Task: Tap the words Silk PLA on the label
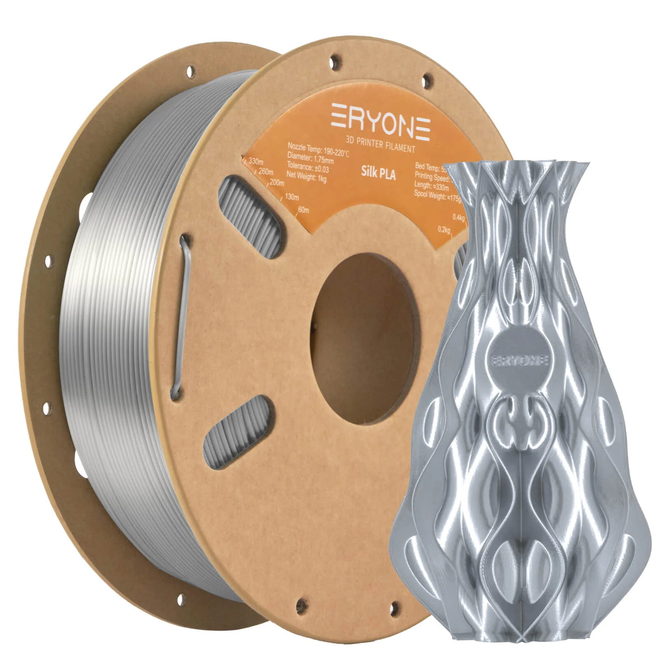(x=378, y=173)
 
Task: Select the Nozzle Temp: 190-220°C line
(x=318, y=151)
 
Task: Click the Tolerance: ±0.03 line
(x=308, y=168)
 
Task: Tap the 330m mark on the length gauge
(x=256, y=162)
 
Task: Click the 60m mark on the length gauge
(x=303, y=210)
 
